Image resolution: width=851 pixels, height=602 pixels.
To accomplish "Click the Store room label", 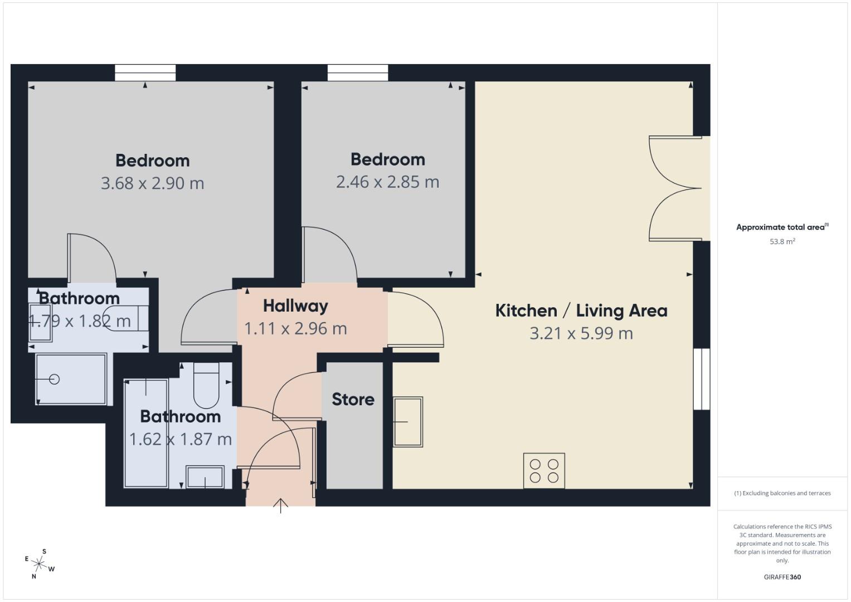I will point(353,399).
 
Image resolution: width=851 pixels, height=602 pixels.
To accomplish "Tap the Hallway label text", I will point(295,305).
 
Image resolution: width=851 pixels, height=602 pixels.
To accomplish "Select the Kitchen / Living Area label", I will point(581,310).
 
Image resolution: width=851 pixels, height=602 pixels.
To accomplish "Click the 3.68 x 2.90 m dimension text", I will point(152,183).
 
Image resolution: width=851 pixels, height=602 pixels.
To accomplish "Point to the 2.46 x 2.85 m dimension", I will point(387,182).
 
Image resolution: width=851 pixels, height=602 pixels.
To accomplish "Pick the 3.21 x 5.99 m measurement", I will point(581,333).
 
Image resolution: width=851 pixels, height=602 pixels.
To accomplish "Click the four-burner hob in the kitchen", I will point(544,470).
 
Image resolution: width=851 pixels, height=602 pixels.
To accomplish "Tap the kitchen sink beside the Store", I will point(408,421).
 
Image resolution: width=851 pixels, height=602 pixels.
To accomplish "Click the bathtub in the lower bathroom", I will point(145,433).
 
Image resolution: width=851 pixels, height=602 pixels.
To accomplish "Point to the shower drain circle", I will point(54,379).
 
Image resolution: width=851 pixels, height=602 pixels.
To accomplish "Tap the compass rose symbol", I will point(39,564).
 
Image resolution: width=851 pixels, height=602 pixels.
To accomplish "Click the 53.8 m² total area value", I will point(782,241).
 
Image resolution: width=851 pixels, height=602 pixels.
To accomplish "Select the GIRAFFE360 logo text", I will point(782,577).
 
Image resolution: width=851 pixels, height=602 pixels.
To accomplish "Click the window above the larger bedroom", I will point(145,73).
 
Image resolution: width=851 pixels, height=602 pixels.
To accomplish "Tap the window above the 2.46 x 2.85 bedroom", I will point(358,73).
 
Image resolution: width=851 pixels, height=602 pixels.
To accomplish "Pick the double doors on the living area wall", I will point(675,188).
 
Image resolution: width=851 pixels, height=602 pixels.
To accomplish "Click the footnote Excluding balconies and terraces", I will point(782,493).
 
